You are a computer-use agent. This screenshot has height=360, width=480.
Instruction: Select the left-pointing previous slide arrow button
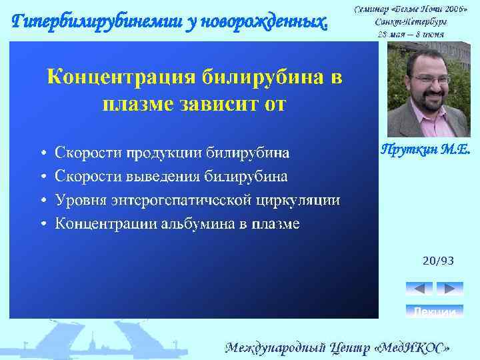(419, 288)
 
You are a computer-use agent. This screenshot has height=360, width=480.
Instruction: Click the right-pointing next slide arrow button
(449, 288)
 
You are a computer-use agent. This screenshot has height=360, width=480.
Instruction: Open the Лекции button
(434, 311)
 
